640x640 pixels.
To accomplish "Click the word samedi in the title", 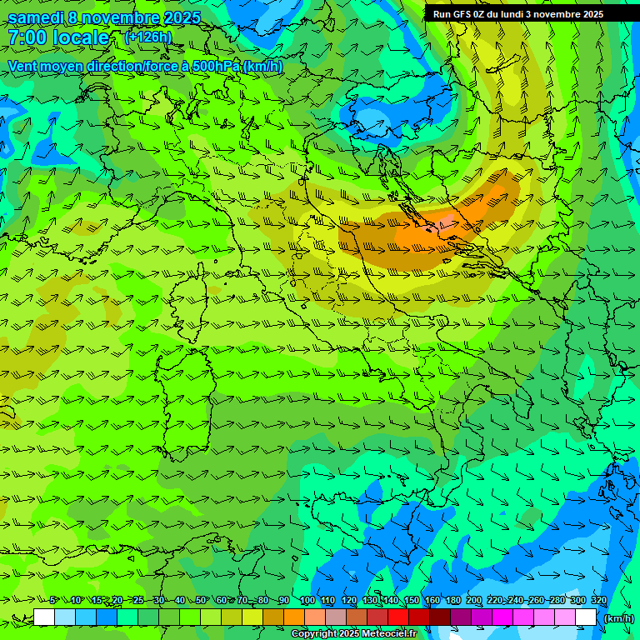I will [35, 17].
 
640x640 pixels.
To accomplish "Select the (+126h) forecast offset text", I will [147, 37].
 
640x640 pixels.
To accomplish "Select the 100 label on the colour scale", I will [307, 601].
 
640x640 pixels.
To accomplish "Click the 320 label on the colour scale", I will [598, 601].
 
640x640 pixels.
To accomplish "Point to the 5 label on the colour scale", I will [52, 601].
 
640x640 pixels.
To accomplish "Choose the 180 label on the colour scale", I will [452, 601].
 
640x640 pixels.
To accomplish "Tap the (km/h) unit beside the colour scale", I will [618, 617].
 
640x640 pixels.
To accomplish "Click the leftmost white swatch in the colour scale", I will [44, 617].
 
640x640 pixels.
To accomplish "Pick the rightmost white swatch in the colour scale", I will [586, 617].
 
